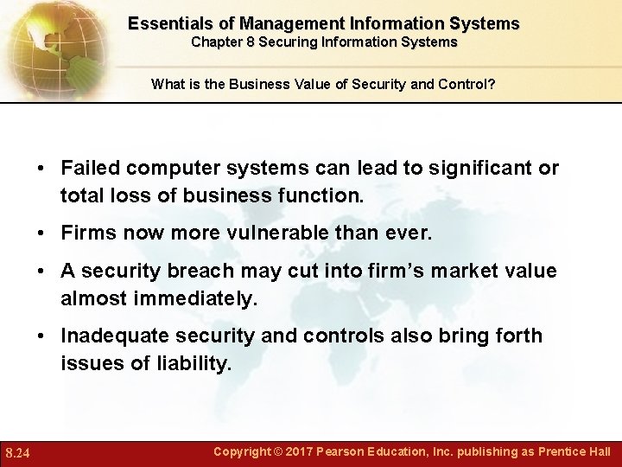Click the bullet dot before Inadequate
coord(41,336)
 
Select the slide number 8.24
coord(19,452)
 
